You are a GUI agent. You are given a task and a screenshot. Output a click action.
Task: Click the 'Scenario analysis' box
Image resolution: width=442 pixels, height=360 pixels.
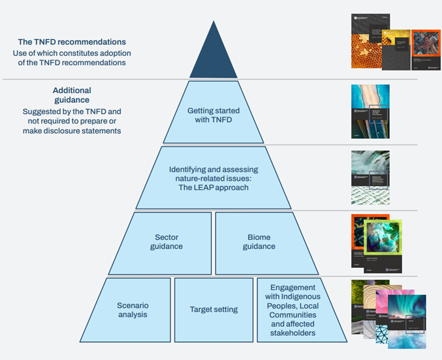[x=133, y=309]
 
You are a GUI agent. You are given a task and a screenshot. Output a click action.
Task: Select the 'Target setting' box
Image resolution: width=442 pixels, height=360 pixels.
[x=213, y=309]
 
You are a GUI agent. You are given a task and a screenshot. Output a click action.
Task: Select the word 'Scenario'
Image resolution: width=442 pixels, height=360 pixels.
[x=133, y=305]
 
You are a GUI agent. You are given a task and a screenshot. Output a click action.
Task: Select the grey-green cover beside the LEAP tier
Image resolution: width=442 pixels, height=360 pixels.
[x=370, y=176]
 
